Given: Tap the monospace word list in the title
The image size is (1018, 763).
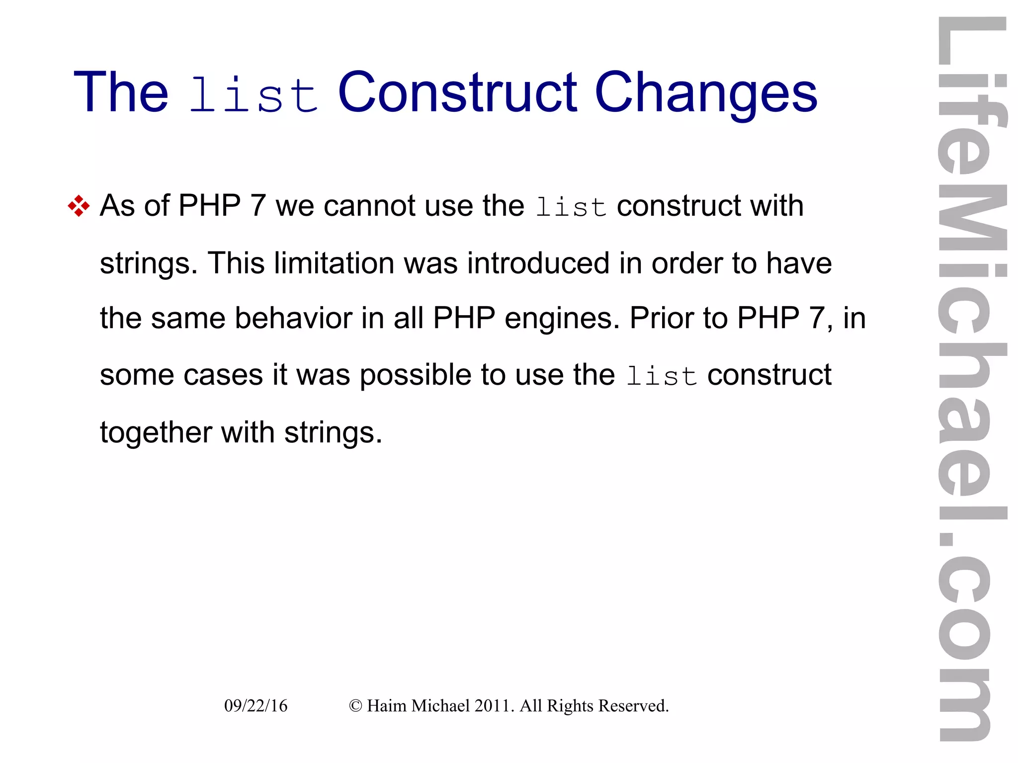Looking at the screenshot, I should [254, 94].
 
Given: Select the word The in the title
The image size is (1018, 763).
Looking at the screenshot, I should [121, 92].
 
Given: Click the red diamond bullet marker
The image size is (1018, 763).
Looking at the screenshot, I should [79, 206].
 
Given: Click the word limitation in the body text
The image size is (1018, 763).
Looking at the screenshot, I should [334, 263].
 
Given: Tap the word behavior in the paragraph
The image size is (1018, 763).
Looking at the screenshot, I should [293, 318].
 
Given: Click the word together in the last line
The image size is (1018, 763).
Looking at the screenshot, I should [156, 433].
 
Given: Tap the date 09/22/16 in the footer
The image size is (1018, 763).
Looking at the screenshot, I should [255, 706].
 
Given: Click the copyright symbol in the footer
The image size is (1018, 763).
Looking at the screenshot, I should [355, 706].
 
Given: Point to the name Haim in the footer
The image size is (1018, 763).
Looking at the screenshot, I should [386, 706].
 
